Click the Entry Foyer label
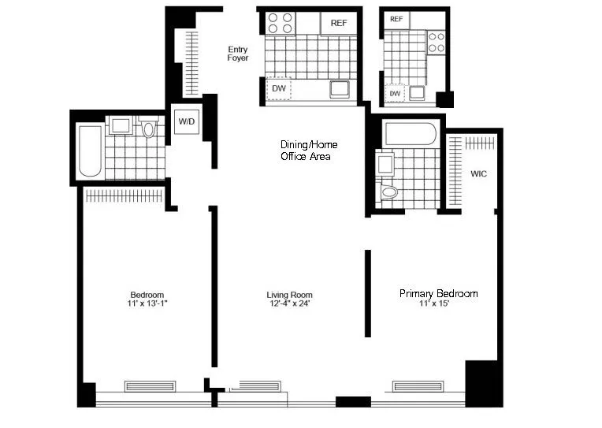(237, 54)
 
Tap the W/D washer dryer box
(187, 121)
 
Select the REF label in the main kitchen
(338, 23)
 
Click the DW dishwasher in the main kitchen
(279, 88)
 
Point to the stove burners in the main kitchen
(281, 22)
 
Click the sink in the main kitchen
(340, 88)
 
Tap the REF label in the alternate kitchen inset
(396, 19)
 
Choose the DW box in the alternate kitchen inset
(395, 94)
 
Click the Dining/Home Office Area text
(306, 151)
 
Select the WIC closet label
(478, 173)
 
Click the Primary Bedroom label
(438, 293)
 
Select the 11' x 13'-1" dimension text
(147, 304)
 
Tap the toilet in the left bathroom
(149, 128)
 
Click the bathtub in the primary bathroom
(409, 133)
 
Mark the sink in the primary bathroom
(386, 164)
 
